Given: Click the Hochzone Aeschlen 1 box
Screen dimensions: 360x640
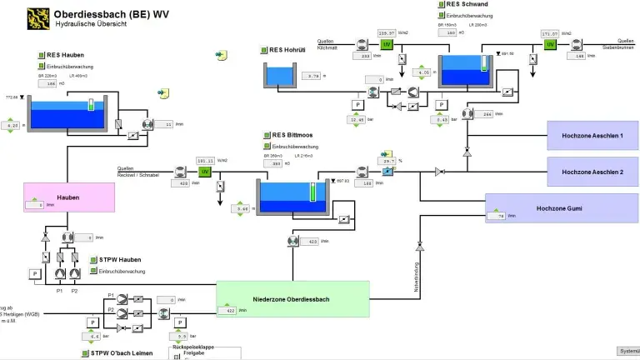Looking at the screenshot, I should tap(592, 134).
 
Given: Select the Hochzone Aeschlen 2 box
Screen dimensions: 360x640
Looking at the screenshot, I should tap(592, 171).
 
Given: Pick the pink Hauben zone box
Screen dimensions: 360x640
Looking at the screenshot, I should tap(68, 197).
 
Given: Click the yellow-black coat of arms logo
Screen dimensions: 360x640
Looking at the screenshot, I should tap(37, 17).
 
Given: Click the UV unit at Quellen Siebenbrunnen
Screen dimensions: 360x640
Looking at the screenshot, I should tap(550, 44).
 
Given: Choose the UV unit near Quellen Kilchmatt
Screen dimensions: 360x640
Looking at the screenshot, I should tap(387, 44).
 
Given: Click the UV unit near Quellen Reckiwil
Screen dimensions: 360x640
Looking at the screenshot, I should tap(203, 172).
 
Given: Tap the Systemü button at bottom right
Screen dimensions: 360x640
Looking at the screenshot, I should tap(628, 351).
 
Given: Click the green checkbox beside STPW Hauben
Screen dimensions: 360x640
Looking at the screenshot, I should tap(92, 260).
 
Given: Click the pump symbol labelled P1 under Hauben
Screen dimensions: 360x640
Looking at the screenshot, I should tap(59, 272).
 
